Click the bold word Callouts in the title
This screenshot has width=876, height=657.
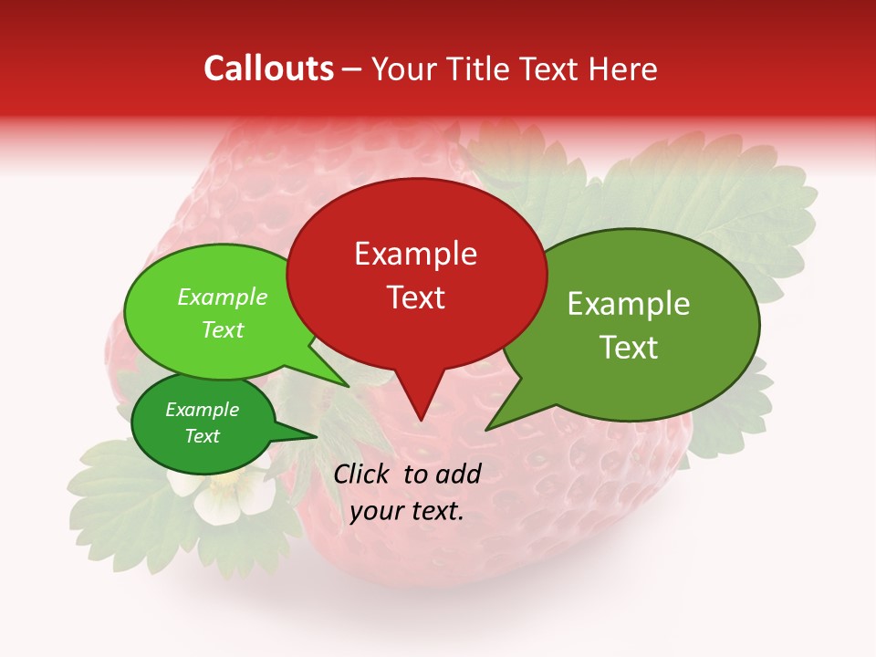(268, 68)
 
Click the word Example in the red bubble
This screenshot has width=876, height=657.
(415, 254)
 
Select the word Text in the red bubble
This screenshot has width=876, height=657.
(415, 297)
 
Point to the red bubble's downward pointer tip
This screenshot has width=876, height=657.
(420, 420)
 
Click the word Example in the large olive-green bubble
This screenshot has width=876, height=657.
(629, 304)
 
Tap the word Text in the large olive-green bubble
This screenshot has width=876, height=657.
(629, 348)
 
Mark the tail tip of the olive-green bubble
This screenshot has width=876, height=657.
(486, 429)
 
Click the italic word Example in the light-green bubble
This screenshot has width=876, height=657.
(222, 297)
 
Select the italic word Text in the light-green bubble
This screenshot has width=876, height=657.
(222, 329)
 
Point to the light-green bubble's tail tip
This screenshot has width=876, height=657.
(349, 387)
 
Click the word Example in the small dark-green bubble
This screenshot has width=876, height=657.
(202, 410)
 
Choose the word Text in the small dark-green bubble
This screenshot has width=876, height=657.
(202, 436)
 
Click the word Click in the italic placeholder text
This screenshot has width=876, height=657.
(363, 474)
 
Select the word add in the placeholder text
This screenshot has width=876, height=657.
(458, 474)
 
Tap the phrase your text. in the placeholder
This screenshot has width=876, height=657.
(407, 511)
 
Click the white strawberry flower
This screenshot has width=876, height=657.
(223, 495)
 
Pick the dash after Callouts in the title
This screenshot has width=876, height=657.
(352, 70)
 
